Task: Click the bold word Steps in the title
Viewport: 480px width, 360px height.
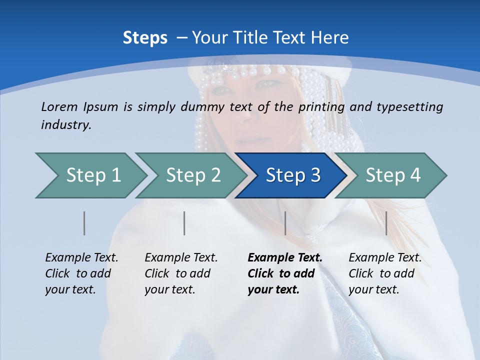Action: pyautogui.click(x=145, y=38)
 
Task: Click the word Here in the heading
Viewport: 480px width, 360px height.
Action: pyautogui.click(x=329, y=38)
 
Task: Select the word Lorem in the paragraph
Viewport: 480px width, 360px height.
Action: pyautogui.click(x=59, y=107)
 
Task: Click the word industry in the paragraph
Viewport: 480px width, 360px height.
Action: pyautogui.click(x=66, y=125)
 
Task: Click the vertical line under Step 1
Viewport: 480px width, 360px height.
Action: pyautogui.click(x=84, y=223)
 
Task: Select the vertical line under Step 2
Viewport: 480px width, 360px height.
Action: pyautogui.click(x=184, y=223)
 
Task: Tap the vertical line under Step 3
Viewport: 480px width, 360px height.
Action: pyautogui.click(x=285, y=223)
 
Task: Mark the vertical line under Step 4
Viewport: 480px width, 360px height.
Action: pyautogui.click(x=386, y=223)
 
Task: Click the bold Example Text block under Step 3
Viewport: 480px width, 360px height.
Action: pyautogui.click(x=284, y=273)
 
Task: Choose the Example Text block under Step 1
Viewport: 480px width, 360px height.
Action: pyautogui.click(x=81, y=273)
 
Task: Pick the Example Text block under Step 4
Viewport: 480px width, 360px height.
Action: pyautogui.click(x=384, y=273)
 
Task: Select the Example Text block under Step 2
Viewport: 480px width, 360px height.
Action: pyautogui.click(x=181, y=273)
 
